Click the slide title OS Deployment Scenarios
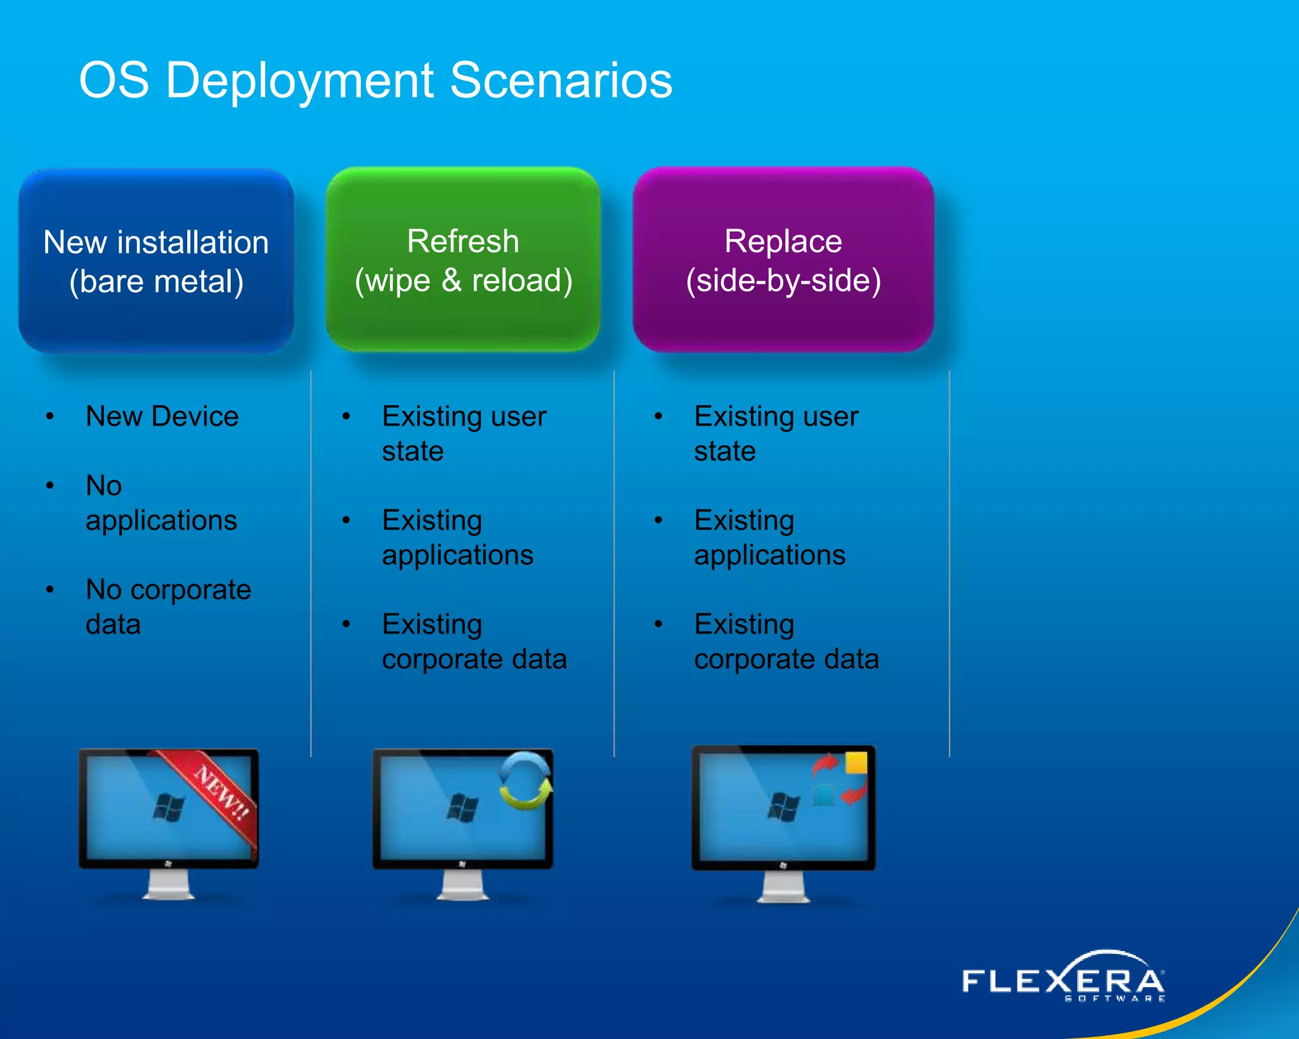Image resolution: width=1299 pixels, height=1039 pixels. [375, 81]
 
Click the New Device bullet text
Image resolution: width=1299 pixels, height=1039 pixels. [162, 417]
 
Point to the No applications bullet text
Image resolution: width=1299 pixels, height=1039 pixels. [161, 503]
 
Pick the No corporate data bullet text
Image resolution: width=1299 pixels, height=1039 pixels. [168, 607]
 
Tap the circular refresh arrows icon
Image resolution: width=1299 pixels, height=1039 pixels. [525, 781]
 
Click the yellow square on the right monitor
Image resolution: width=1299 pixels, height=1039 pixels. [856, 762]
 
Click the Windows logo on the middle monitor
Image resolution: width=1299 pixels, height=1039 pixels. [462, 807]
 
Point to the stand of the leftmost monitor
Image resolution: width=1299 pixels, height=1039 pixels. [168, 885]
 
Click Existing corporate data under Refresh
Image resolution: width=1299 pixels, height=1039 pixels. [474, 641]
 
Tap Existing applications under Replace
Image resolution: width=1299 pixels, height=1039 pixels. [769, 537]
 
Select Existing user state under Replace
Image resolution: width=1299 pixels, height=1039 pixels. [776, 434]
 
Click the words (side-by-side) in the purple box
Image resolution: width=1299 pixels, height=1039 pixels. [783, 280]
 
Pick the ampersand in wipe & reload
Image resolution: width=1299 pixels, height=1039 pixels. [452, 280]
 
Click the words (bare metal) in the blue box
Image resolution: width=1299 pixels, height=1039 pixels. [156, 282]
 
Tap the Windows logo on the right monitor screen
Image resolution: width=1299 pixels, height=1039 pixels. [784, 807]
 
